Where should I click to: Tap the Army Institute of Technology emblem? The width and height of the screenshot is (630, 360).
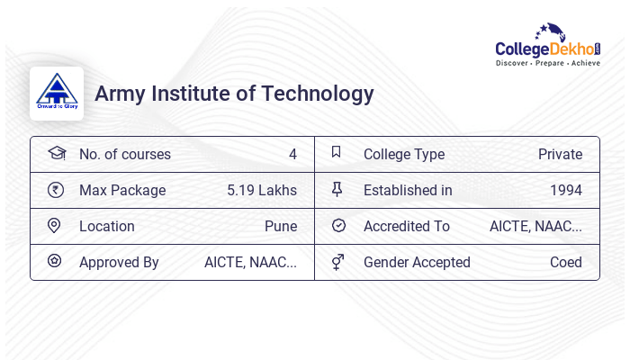click(x=57, y=93)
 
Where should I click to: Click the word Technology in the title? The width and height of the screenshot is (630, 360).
click(x=319, y=93)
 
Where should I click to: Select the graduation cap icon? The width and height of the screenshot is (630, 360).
click(x=56, y=154)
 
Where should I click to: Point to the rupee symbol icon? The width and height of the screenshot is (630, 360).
click(x=56, y=190)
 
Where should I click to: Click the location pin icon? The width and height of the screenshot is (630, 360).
click(x=54, y=226)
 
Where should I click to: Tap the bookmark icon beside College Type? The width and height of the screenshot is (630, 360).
click(x=337, y=153)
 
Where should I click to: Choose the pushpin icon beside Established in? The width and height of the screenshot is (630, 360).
click(x=337, y=190)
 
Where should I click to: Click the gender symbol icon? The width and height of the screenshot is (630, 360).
click(x=337, y=262)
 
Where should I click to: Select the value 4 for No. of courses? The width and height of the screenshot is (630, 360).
click(x=292, y=154)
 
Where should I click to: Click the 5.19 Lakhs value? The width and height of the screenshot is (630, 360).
click(x=262, y=190)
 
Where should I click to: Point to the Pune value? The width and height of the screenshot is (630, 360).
click(x=281, y=226)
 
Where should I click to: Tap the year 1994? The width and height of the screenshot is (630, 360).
click(x=566, y=190)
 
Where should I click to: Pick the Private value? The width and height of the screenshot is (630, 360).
click(x=560, y=154)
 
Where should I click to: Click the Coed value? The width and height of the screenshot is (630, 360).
click(x=566, y=262)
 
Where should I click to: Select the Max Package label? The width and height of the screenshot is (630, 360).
click(x=122, y=190)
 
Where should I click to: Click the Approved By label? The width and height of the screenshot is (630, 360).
click(x=119, y=262)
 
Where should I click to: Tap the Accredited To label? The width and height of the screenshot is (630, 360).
click(x=407, y=226)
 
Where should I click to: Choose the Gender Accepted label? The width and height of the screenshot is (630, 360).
click(x=417, y=262)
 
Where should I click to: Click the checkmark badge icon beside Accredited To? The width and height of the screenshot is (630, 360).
click(x=338, y=226)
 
